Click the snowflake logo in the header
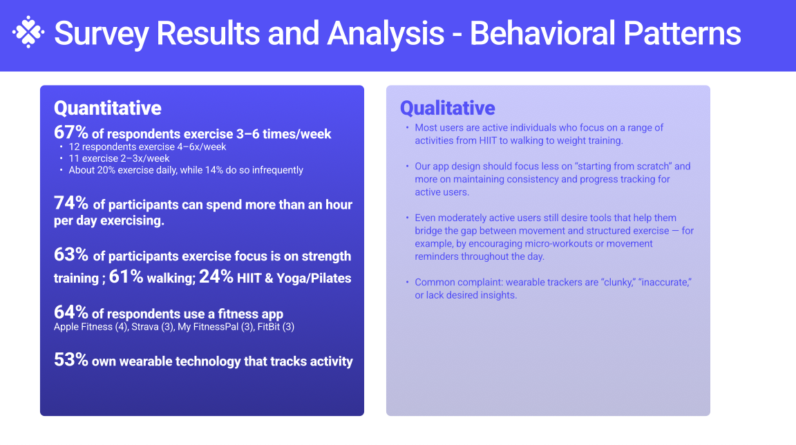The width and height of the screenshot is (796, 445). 28,32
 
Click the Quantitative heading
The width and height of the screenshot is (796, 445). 108,108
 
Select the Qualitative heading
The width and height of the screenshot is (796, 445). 447,108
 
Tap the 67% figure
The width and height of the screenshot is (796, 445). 71,133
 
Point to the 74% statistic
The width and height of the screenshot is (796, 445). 71,203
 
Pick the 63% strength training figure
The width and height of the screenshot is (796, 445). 71,254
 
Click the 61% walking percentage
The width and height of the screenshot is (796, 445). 126,276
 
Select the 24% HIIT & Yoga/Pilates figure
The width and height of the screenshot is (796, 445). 216,276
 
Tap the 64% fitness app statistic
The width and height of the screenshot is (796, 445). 71,312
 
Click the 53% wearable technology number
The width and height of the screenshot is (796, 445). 71,360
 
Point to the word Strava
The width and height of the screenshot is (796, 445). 144,327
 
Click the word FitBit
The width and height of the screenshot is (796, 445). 269,327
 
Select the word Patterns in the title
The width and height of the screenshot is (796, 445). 682,33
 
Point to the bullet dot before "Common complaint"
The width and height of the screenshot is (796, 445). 407,282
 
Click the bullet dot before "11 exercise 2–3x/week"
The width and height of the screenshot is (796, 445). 61,158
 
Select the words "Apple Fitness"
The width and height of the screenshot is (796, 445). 83,327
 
